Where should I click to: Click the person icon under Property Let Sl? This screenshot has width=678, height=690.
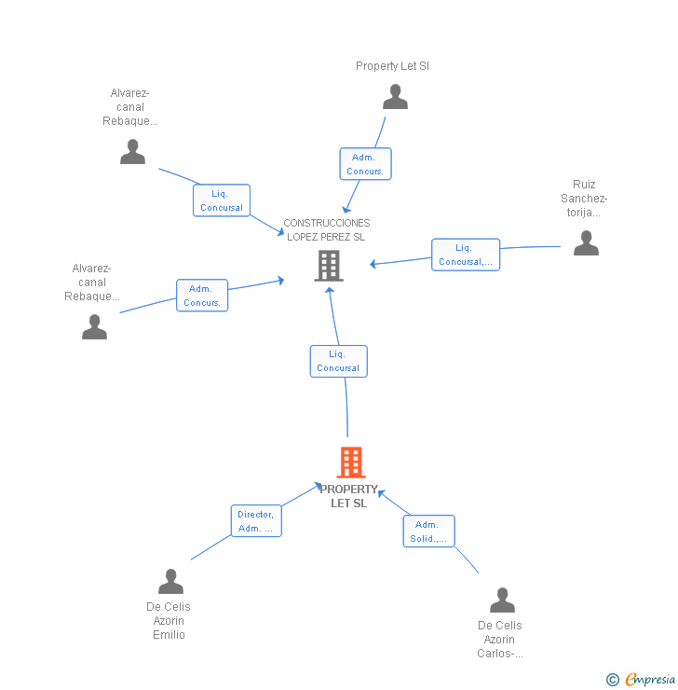tap(395, 97)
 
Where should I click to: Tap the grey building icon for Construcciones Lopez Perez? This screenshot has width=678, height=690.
tap(329, 266)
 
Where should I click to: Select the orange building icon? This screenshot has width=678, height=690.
tap(350, 462)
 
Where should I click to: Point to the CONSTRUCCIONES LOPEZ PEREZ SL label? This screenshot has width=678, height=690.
tap(326, 229)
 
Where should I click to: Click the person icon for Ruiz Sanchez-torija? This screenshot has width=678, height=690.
tap(586, 242)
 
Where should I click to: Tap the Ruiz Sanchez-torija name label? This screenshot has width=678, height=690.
tap(584, 199)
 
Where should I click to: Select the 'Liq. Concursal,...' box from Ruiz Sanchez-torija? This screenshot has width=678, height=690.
tap(466, 255)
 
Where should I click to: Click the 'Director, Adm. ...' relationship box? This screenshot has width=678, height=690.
tap(256, 521)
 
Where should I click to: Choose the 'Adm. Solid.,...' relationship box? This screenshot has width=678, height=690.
tap(428, 531)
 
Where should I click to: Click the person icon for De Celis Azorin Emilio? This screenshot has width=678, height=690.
tap(170, 582)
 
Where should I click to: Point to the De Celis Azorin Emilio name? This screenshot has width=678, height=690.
tap(169, 621)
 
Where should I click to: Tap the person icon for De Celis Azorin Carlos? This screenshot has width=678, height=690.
tap(502, 600)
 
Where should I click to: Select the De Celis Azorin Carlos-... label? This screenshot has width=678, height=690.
tap(500, 640)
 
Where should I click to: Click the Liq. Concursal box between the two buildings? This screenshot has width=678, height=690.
tap(338, 361)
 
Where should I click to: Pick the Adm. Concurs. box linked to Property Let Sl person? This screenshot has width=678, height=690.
tap(364, 164)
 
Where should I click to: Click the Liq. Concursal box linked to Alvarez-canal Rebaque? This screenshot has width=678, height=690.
tap(222, 200)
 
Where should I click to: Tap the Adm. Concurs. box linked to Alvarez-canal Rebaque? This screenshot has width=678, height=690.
tap(202, 296)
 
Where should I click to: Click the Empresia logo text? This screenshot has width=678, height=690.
tap(649, 680)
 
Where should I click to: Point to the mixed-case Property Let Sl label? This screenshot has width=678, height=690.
tap(392, 66)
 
